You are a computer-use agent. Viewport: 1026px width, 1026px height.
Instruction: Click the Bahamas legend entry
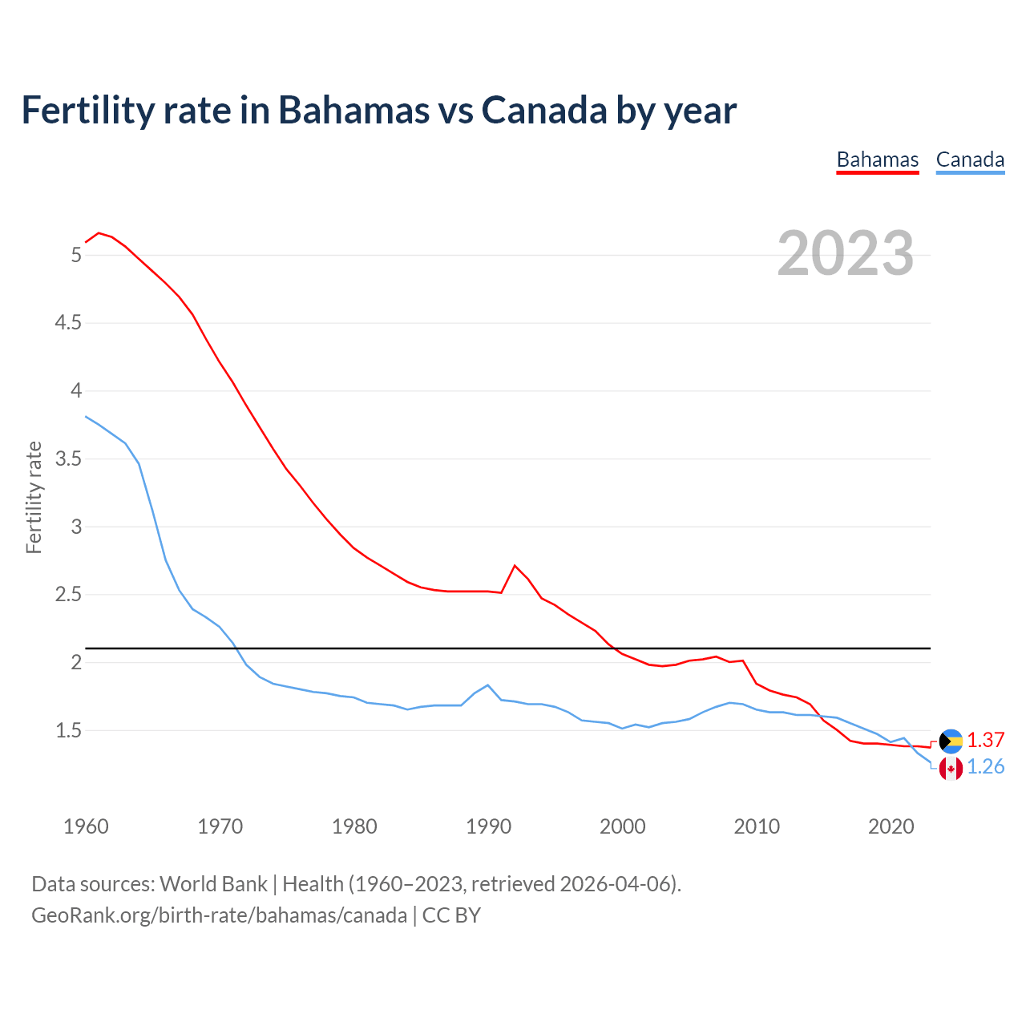(877, 160)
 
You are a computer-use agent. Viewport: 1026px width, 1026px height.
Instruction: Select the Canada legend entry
(970, 160)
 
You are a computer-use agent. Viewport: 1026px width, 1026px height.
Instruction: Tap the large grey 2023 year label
(846, 253)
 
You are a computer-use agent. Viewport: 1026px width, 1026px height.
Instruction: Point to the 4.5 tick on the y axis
(67, 323)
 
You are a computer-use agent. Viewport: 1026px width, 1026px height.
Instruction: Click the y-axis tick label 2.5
(67, 595)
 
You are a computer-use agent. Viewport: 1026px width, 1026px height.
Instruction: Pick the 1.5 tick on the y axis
(67, 730)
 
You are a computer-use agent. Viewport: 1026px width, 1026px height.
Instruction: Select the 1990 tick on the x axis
(488, 826)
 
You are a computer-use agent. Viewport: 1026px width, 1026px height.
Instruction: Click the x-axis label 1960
(86, 826)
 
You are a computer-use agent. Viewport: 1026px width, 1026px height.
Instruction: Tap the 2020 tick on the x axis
(891, 826)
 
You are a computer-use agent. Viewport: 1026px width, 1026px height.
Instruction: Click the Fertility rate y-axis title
(34, 497)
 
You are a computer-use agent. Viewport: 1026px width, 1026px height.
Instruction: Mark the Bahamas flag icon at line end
(951, 741)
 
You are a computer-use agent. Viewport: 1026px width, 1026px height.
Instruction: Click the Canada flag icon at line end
(951, 769)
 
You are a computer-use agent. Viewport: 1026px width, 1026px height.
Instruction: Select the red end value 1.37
(985, 740)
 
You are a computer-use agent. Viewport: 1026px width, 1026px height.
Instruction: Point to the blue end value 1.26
(985, 767)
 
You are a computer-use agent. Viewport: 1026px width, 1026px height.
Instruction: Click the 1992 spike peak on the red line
(515, 566)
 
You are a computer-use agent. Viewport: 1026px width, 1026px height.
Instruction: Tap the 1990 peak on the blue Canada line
(488, 685)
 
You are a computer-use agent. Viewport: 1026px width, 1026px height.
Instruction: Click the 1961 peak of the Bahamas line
(99, 233)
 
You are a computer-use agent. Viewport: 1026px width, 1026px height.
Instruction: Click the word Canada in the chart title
(543, 110)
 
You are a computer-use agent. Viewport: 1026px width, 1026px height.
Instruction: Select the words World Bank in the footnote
(213, 884)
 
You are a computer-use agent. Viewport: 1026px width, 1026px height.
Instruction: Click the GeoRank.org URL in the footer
(219, 915)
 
